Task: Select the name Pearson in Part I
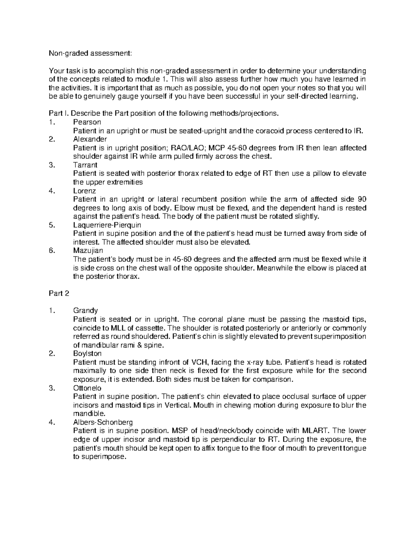[x=87, y=122]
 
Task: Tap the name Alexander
[x=90, y=139]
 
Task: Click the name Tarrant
[x=85, y=165]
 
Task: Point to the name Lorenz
[x=84, y=191]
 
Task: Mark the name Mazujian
[x=88, y=251]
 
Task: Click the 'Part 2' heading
[x=59, y=294]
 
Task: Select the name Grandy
[x=85, y=311]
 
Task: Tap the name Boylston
[x=87, y=354]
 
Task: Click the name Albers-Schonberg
[x=103, y=422]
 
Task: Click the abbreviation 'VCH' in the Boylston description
[x=199, y=362]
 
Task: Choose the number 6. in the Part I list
[x=52, y=251]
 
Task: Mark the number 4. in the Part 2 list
[x=52, y=422]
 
